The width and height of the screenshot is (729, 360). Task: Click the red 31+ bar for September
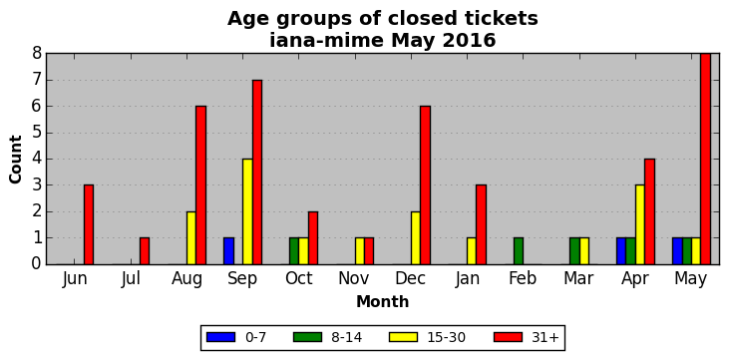coord(257,173)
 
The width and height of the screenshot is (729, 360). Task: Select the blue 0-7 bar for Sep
coord(228,251)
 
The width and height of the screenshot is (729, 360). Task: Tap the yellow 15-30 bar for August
coord(191,238)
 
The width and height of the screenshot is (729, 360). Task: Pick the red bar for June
coord(89,224)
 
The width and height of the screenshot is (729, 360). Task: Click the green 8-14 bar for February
coord(519,251)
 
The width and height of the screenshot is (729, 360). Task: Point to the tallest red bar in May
coord(705,160)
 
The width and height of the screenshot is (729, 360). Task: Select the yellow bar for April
coord(639,224)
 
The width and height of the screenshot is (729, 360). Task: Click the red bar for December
coord(425,185)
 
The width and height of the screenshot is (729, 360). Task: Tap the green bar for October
coord(294,251)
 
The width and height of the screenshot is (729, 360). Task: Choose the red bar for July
coord(145,251)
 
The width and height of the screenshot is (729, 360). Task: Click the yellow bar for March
coord(584,251)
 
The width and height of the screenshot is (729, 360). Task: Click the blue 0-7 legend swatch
coord(220,337)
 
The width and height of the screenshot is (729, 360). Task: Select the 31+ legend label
coord(546,337)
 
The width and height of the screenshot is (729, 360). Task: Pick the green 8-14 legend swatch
coord(307,337)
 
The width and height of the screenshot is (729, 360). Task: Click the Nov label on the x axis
coord(354,278)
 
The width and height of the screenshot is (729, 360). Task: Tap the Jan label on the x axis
coord(468,278)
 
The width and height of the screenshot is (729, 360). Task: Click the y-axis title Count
coord(16,160)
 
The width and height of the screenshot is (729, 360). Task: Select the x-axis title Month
coord(383,302)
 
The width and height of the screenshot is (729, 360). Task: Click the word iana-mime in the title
coord(327,41)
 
